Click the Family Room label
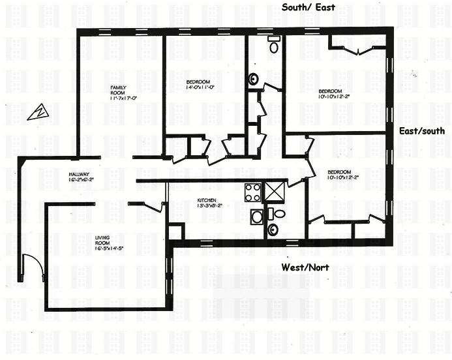tap(118, 92)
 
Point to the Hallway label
tap(82, 176)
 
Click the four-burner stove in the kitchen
tap(252, 192)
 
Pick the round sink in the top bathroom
tap(253, 79)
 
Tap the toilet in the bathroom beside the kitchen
tap(279, 213)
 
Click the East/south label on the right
tap(421, 131)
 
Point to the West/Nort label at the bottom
tap(304, 267)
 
